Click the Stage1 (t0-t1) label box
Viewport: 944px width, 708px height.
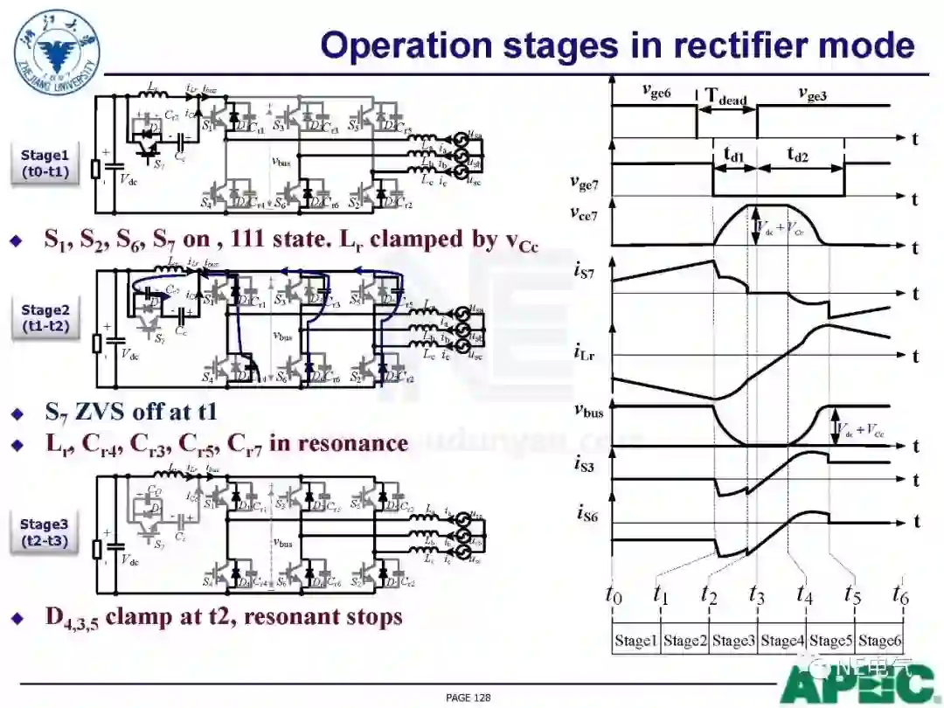46,163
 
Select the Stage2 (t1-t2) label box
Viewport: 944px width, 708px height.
46,318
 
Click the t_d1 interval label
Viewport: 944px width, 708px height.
734,155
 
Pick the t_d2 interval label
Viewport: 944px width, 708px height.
797,155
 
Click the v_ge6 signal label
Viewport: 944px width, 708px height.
656,90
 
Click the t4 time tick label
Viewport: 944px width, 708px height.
805,593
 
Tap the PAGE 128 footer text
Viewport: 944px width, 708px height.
469,697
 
